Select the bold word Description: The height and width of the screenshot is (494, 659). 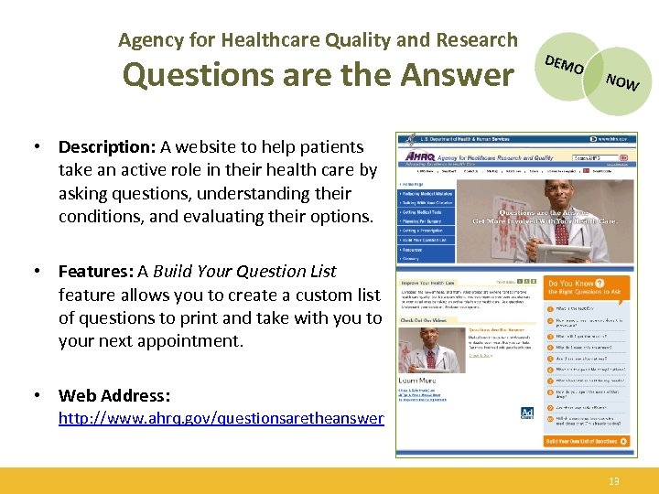pyautogui.click(x=107, y=146)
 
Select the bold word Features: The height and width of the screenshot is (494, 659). pyautogui.click(x=95, y=272)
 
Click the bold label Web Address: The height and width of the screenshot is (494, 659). pyautogui.click(x=114, y=395)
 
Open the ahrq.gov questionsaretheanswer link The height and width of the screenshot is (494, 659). pyautogui.click(x=221, y=418)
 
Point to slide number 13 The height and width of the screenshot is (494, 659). pyautogui.click(x=614, y=480)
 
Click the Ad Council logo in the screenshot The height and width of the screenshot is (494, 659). pyautogui.click(x=528, y=413)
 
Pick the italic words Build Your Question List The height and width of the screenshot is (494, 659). pyautogui.click(x=244, y=272)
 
